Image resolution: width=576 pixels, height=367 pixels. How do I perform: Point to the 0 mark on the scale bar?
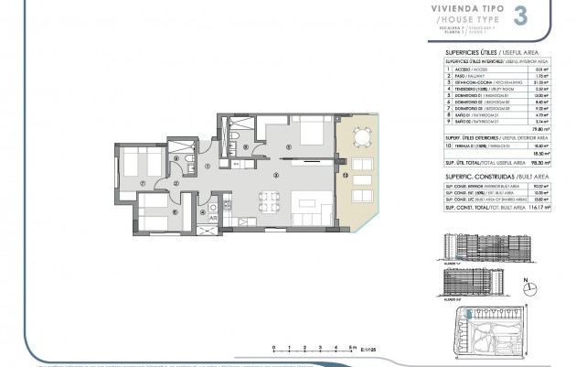pos(273,348)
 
